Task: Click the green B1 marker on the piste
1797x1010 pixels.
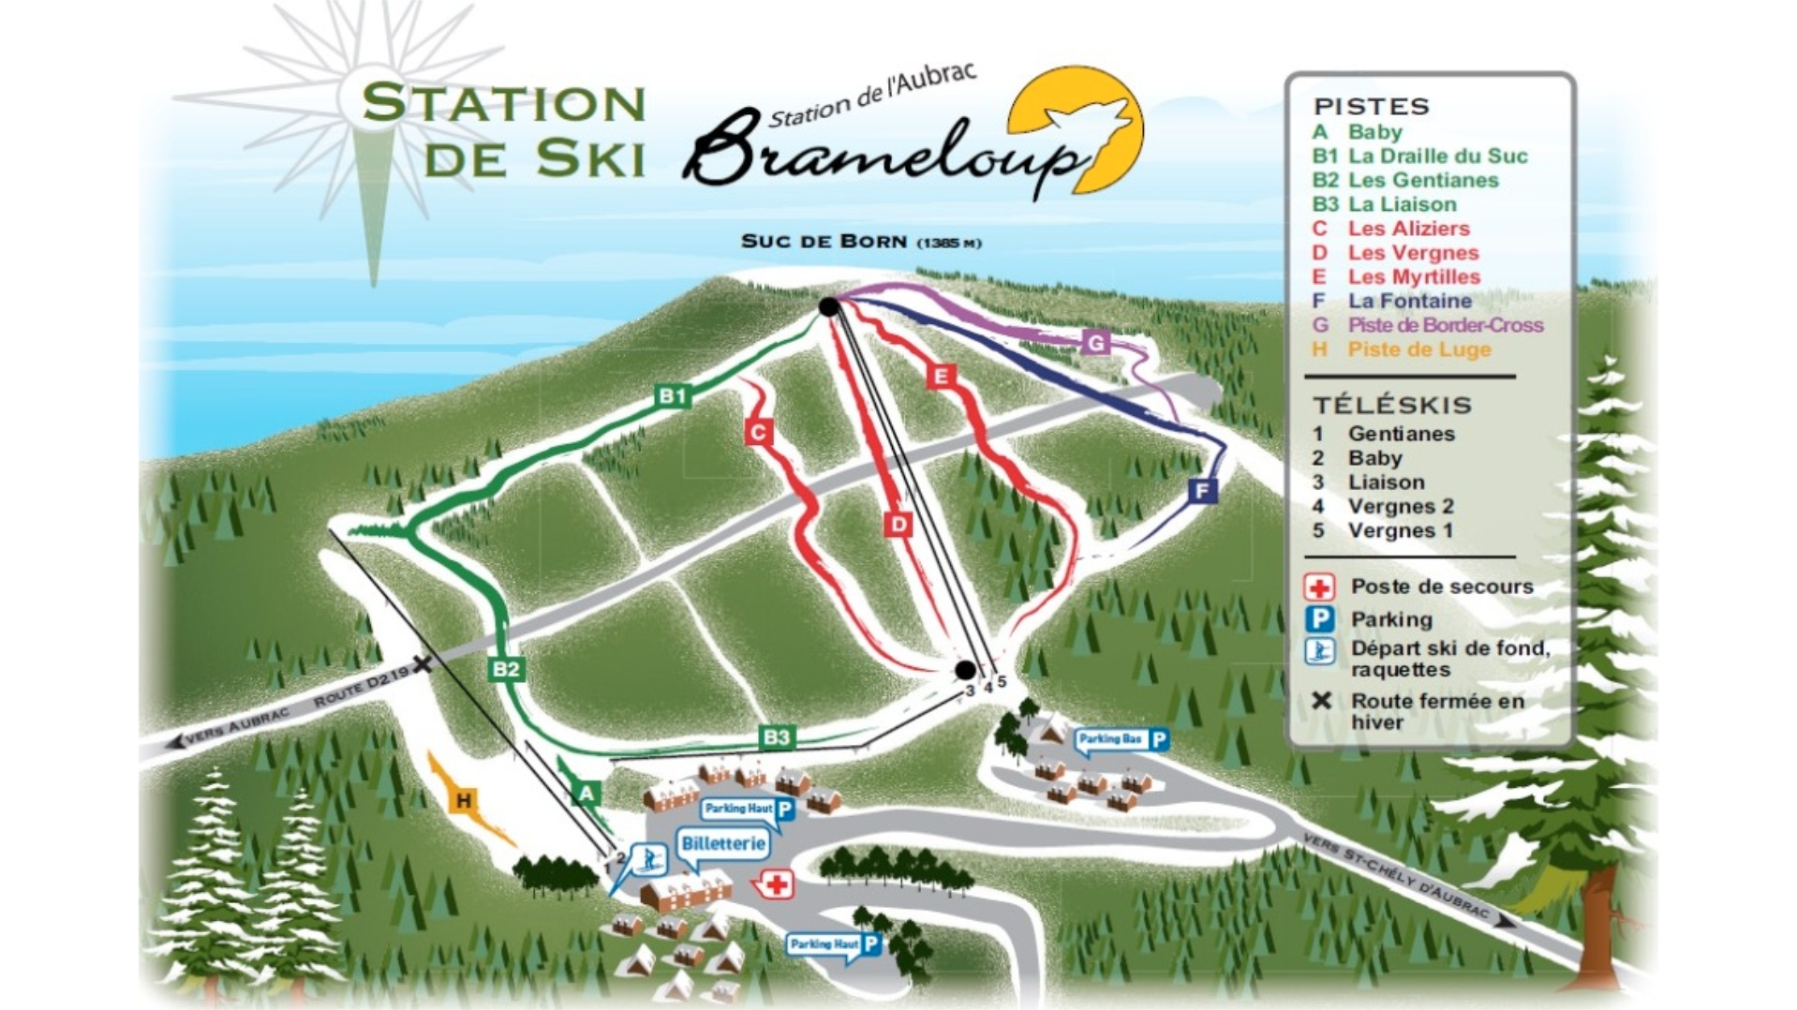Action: coord(673,395)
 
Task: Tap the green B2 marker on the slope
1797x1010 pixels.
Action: coord(506,668)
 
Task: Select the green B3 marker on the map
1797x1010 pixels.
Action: coord(777,737)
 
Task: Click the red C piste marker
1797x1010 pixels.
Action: coord(758,432)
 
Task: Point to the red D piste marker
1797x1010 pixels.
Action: coord(898,524)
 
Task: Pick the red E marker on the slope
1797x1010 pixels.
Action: coord(941,377)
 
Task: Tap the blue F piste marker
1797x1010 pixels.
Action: coord(1202,490)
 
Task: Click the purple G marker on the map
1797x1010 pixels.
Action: coord(1095,342)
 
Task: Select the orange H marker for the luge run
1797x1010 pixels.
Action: coord(463,800)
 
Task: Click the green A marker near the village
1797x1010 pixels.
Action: coord(587,794)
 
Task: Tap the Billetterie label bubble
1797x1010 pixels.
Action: coord(722,843)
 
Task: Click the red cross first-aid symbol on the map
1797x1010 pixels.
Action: coord(776,884)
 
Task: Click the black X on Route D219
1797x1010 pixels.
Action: coord(423,664)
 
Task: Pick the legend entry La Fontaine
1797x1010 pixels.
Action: coord(1409,301)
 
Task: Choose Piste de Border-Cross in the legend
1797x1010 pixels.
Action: coord(1445,325)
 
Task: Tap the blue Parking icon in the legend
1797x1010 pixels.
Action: coord(1319,619)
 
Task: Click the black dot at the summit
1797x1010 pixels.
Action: coord(828,306)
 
